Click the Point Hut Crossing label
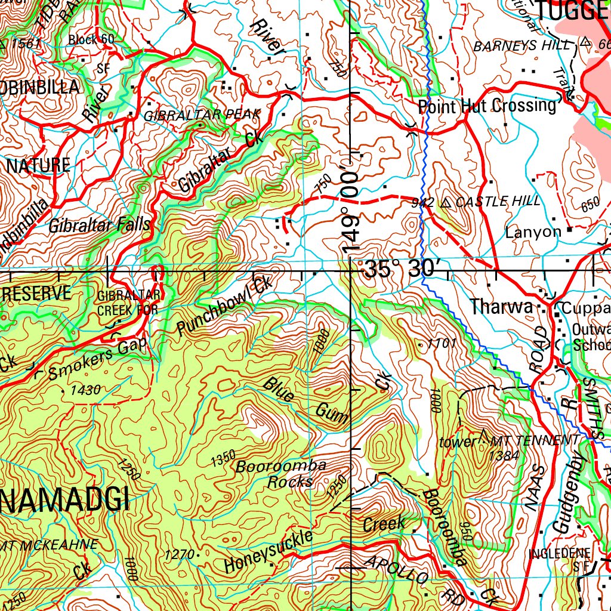point(487,107)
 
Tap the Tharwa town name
point(501,307)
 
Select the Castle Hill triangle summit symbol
point(446,203)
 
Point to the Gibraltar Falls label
point(100,226)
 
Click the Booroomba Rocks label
point(281,474)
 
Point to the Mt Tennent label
point(535,441)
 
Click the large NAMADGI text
point(64,499)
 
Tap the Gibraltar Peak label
point(202,115)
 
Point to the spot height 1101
point(442,343)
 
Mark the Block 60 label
point(91,40)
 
